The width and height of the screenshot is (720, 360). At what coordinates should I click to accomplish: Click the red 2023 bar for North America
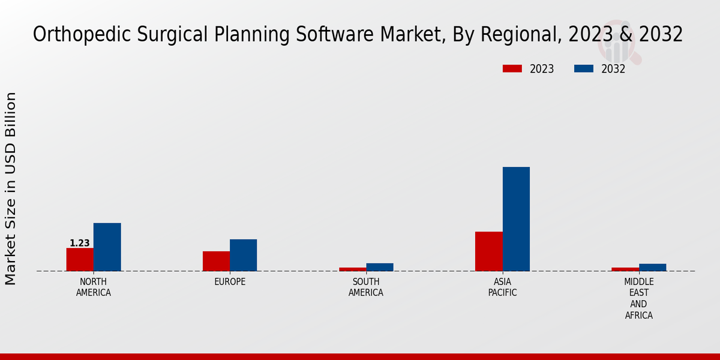[x=80, y=259]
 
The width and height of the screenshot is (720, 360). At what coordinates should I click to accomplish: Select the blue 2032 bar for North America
[x=107, y=247]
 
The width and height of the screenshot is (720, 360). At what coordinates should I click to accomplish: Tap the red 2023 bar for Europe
[x=216, y=261]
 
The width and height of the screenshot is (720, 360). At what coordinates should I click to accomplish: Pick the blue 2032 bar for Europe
[x=243, y=255]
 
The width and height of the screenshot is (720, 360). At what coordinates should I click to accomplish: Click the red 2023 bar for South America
[x=352, y=269]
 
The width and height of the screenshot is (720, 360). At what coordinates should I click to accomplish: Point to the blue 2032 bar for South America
[x=380, y=267]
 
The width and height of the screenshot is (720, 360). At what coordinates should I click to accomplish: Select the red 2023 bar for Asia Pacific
[x=488, y=251]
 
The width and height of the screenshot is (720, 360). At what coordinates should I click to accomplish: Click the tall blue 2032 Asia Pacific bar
[x=516, y=218]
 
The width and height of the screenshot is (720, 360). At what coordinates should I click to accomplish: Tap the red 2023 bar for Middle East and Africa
[x=625, y=269]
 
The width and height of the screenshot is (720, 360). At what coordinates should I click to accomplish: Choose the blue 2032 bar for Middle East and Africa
[x=652, y=267]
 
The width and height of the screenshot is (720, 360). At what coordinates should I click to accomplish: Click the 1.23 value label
[x=80, y=243]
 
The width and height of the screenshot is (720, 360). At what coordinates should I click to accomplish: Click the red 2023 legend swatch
[x=512, y=68]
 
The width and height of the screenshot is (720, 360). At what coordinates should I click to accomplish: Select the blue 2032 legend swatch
[x=583, y=68]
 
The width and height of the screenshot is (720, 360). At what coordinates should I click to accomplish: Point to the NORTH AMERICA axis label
[x=94, y=287]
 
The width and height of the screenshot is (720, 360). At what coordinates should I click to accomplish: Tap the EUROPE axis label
[x=230, y=281]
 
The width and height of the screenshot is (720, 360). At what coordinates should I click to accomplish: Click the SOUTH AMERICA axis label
[x=366, y=287]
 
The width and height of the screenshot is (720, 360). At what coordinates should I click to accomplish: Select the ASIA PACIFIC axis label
[x=502, y=287]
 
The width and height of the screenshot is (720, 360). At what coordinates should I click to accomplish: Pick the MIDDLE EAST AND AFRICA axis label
[x=639, y=298]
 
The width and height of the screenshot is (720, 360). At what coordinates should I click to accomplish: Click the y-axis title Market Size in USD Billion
[x=11, y=188]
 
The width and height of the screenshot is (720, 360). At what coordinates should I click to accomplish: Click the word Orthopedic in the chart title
[x=68, y=34]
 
